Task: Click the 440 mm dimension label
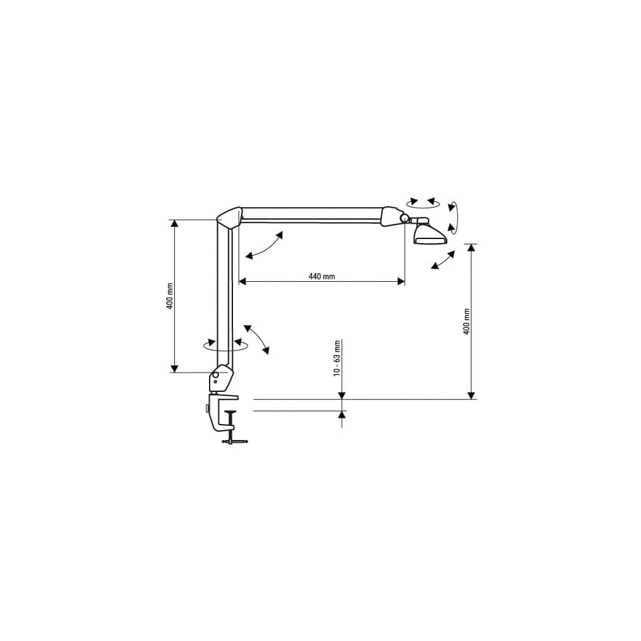[x=322, y=276]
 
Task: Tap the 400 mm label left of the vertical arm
[x=170, y=295]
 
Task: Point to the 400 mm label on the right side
[x=466, y=321]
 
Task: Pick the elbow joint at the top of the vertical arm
[x=229, y=217]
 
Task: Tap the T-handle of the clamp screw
[x=234, y=441]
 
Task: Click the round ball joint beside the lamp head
[x=405, y=218]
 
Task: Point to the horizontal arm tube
[x=310, y=214]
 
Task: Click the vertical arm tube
[x=224, y=294]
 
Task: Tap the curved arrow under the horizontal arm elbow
[x=264, y=246]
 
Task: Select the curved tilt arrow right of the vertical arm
[x=256, y=339]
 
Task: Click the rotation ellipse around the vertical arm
[x=226, y=346]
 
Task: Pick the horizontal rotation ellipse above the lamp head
[x=422, y=203]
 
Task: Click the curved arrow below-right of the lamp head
[x=443, y=260]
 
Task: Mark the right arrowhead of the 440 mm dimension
[x=401, y=282]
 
